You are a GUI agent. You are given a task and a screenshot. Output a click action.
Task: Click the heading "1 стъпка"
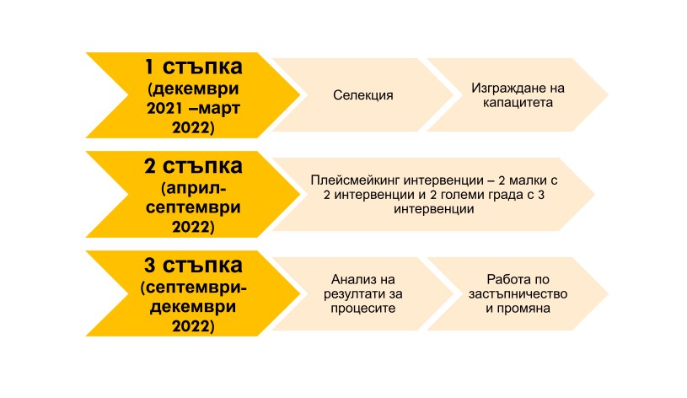[193, 67]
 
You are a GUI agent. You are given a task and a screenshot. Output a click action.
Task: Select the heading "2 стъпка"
[193, 167]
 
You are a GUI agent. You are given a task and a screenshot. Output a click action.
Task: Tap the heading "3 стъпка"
[193, 266]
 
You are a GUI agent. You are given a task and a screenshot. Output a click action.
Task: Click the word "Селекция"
[362, 95]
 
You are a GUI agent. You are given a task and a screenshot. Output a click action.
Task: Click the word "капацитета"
[518, 103]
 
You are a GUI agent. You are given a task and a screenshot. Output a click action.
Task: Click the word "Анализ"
[351, 280]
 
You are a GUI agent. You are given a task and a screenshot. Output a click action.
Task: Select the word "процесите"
[362, 309]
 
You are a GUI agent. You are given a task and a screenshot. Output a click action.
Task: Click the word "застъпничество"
[518, 294]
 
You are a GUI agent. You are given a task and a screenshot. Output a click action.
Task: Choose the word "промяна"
[524, 309]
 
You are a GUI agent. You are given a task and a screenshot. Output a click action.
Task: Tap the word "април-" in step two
[193, 189]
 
